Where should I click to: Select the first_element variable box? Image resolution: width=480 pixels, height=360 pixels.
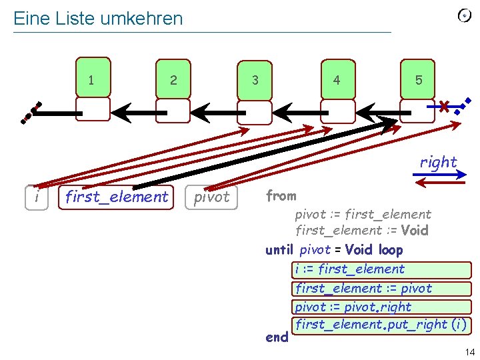116,197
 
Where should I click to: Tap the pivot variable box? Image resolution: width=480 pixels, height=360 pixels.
211,197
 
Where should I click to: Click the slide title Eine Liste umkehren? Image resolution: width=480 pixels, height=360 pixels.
98,19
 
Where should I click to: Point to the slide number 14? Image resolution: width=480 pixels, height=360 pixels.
469,351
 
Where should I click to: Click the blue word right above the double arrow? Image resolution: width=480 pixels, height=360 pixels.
438,162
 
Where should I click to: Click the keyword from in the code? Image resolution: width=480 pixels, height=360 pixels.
281,196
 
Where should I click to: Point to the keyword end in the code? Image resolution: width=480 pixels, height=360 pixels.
277,337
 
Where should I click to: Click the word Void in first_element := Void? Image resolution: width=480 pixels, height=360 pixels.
414,231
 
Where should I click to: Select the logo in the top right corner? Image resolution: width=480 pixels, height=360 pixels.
465,16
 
